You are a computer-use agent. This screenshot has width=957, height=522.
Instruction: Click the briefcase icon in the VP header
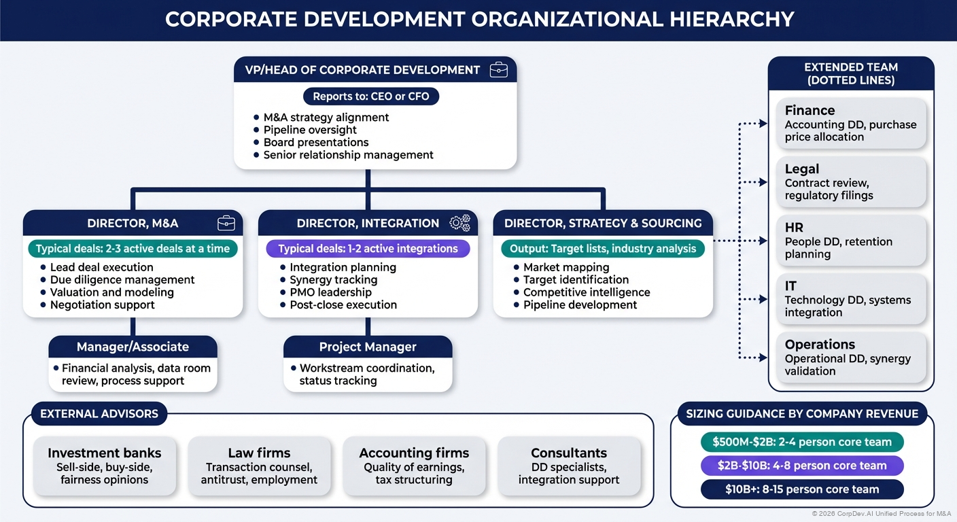[x=498, y=69]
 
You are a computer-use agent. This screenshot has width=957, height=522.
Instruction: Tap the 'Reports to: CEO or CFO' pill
[x=371, y=96]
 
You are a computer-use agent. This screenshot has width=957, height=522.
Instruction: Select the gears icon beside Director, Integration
[x=460, y=223]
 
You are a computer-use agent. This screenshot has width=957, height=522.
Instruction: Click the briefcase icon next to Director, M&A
[x=226, y=223]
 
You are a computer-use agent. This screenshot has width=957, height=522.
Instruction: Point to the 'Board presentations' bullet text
[x=316, y=142]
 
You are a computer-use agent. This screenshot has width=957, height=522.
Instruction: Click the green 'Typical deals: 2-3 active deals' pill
[x=133, y=248]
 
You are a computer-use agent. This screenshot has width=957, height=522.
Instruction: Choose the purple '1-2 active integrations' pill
[x=368, y=248]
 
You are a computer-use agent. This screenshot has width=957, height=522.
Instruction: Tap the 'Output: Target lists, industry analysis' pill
[x=603, y=248]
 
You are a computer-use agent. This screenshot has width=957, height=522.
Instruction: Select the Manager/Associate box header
[x=133, y=347]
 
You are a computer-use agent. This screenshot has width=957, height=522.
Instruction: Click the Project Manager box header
[x=368, y=347]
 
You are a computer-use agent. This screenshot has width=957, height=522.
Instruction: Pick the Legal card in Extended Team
[x=851, y=181]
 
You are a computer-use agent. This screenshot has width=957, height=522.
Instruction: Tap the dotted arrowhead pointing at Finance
[x=763, y=124]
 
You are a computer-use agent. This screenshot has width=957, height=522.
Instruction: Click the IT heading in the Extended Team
[x=790, y=286]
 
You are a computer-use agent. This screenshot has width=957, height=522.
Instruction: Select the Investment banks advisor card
[x=104, y=466]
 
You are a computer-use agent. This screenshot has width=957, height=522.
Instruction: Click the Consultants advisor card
[x=569, y=466]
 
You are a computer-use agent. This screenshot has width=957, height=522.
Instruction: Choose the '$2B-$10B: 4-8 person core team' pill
[x=802, y=466]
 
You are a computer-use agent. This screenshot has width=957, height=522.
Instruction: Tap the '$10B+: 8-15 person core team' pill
[x=802, y=489]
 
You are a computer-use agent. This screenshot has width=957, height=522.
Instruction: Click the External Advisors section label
[x=99, y=413]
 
